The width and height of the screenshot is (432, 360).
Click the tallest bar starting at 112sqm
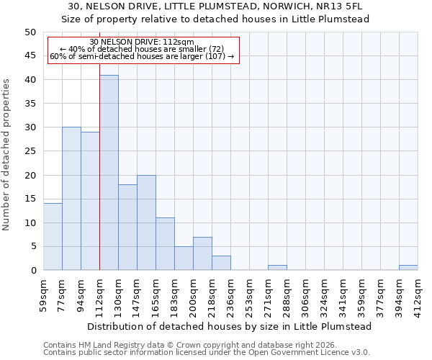pos(109,173)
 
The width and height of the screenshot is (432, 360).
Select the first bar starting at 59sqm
pos(53,237)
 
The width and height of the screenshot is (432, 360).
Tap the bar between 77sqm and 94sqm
pos(71,199)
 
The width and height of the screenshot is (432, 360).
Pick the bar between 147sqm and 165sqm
pos(146,222)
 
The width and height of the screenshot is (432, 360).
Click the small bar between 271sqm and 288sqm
pos(277,268)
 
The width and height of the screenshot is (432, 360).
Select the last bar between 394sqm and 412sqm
pos(408,268)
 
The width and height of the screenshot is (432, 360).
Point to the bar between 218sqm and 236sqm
pos(221,263)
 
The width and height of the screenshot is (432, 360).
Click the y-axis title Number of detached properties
pos(7,151)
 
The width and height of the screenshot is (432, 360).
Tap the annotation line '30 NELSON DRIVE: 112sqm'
pos(143,42)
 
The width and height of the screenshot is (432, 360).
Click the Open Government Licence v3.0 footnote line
pos(207,352)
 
